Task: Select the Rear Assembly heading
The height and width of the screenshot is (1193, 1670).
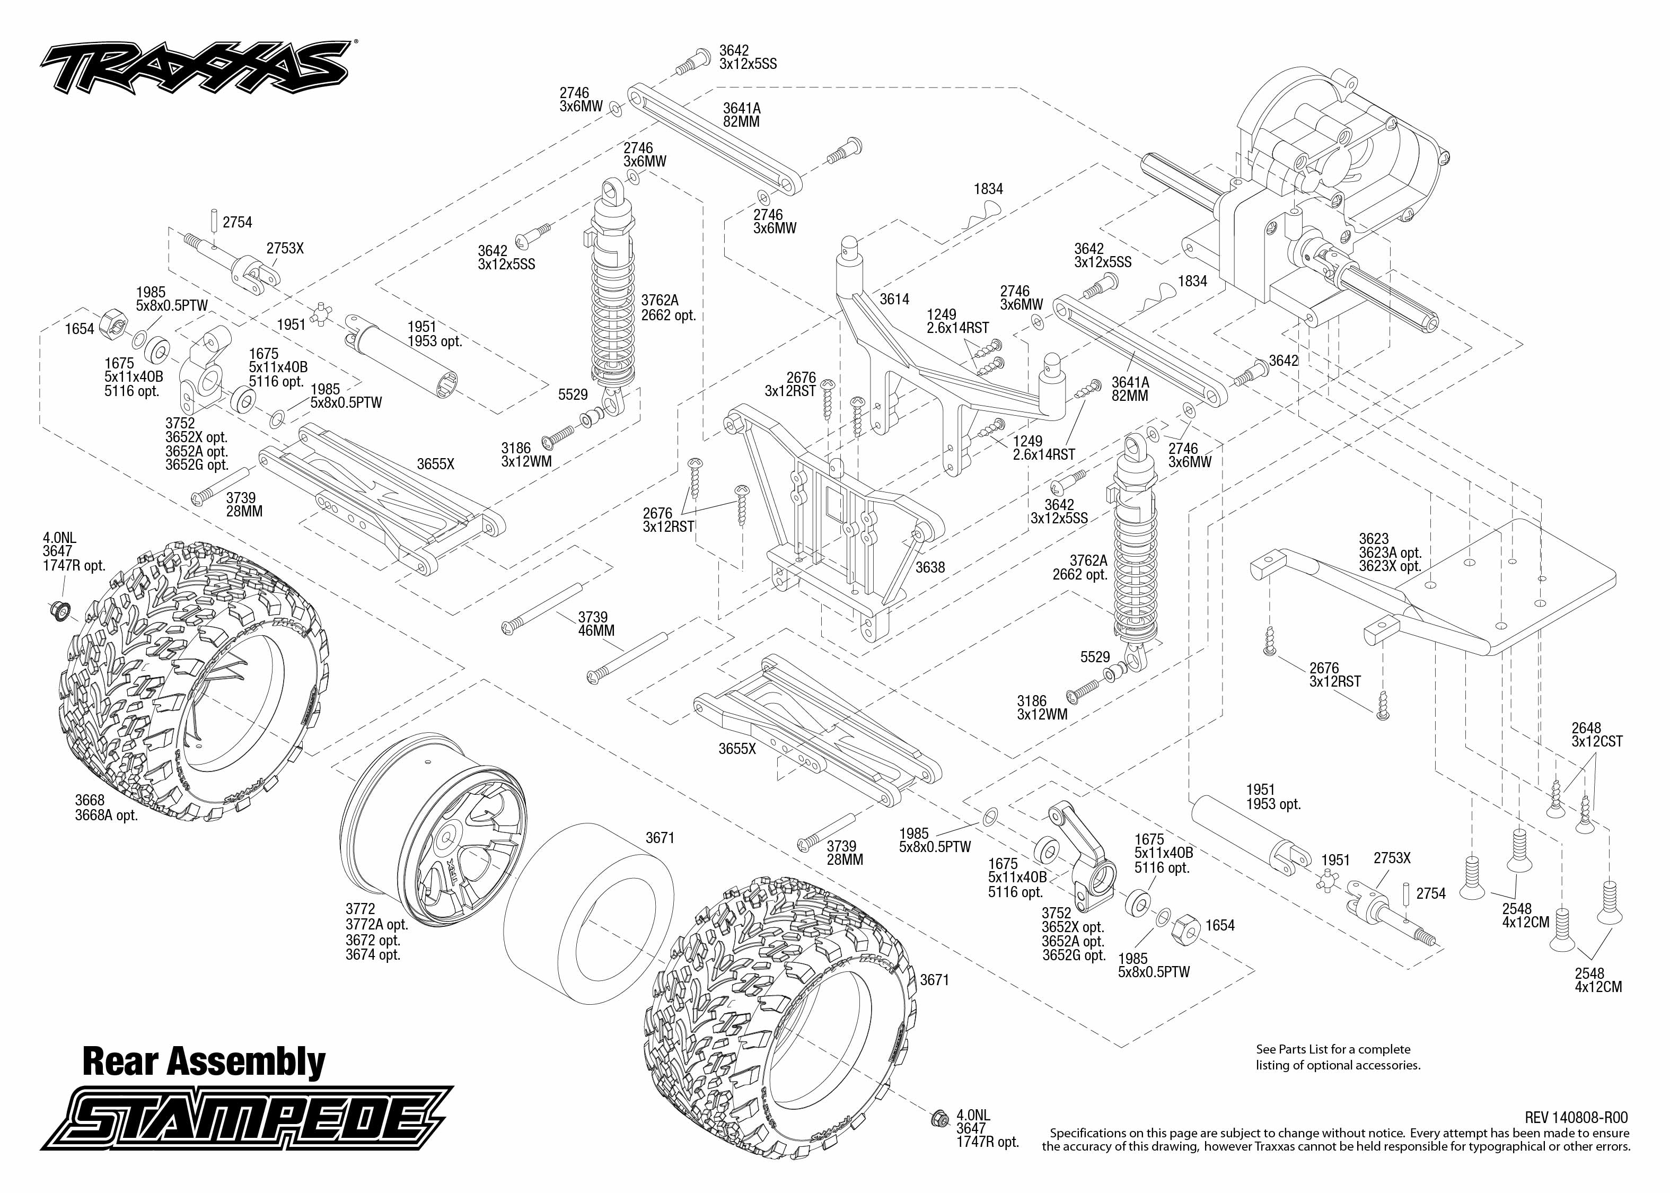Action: tap(204, 1062)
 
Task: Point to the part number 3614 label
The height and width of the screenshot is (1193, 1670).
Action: tap(894, 299)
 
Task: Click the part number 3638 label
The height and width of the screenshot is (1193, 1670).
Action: tap(930, 567)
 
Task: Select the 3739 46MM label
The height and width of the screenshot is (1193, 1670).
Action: tap(595, 624)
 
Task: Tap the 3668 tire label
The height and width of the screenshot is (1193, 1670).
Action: tap(90, 800)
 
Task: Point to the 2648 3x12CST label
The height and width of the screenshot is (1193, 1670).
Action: tap(1596, 734)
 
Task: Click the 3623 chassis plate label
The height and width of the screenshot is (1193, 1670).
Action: tap(1374, 539)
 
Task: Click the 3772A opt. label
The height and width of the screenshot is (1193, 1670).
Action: tap(377, 925)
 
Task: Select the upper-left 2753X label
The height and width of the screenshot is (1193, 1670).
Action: tap(285, 248)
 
